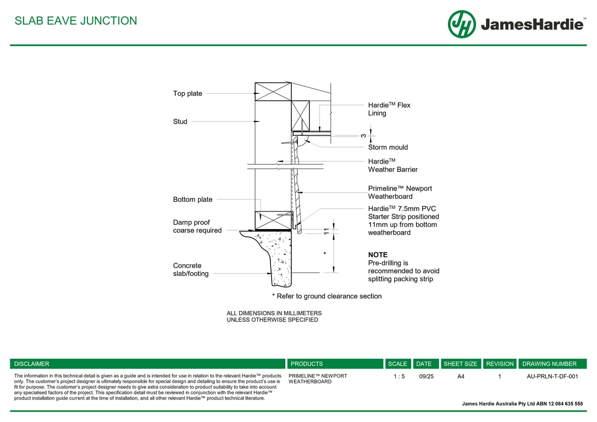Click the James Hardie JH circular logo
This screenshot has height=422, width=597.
tap(462, 24)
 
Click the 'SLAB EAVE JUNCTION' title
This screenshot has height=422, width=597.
tap(76, 21)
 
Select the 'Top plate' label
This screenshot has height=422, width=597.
tap(187, 93)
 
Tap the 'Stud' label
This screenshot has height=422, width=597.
tap(180, 121)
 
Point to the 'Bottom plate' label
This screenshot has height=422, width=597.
tap(192, 199)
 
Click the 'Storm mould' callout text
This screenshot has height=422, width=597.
tap(388, 147)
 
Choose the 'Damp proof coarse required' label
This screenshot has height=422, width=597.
tap(197, 226)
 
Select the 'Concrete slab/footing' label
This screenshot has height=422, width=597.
tap(190, 269)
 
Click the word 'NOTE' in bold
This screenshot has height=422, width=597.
tap(378, 255)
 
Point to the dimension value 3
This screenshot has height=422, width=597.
tap(363, 135)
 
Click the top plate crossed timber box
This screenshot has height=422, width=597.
tap(273, 92)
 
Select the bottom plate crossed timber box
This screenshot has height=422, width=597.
tap(273, 220)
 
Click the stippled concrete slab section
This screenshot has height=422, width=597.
tap(280, 258)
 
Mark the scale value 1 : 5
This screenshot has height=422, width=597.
tap(399, 376)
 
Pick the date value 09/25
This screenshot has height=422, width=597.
tap(426, 376)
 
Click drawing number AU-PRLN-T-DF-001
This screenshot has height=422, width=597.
tap(552, 376)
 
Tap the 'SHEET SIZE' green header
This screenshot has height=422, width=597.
tap(460, 364)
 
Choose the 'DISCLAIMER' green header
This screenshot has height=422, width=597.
tap(31, 364)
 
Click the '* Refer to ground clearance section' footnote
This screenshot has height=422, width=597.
tap(327, 296)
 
